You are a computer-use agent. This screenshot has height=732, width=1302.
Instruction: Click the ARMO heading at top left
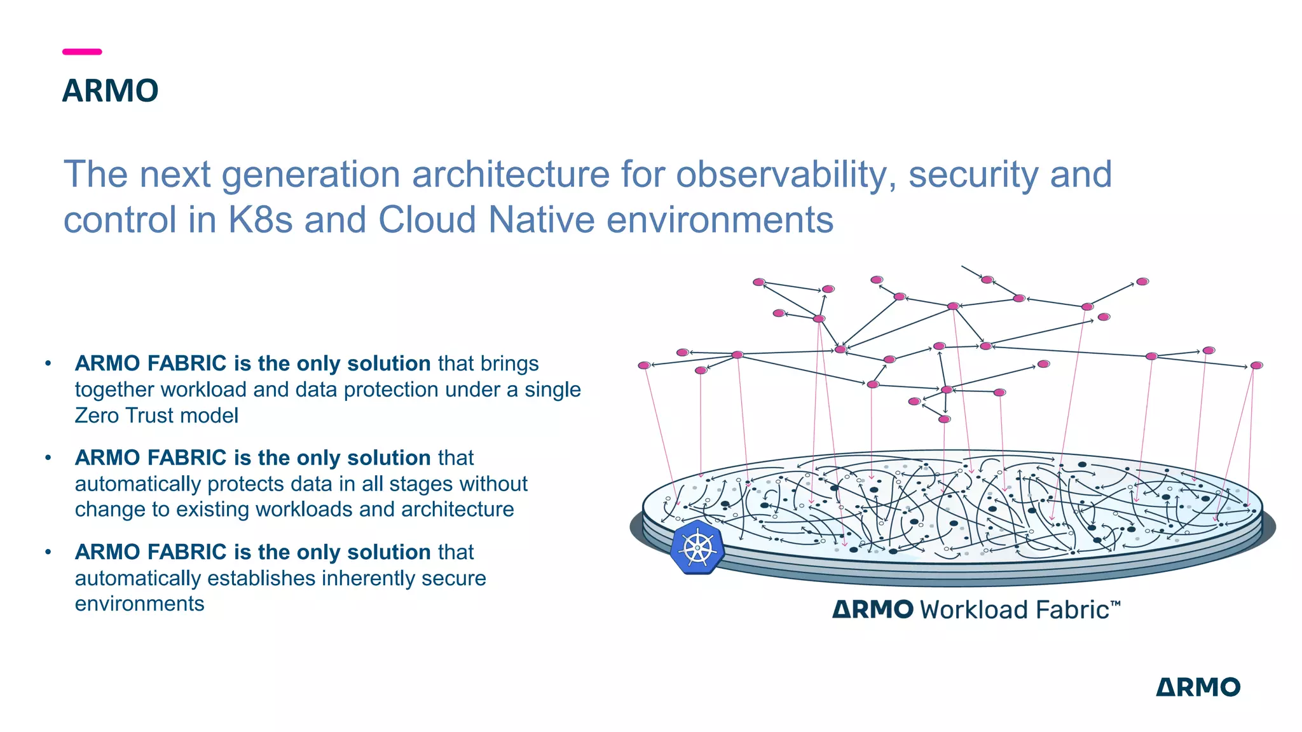(x=110, y=91)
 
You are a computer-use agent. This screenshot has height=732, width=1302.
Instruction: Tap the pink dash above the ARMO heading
(x=82, y=51)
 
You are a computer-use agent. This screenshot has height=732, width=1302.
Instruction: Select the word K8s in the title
(x=260, y=220)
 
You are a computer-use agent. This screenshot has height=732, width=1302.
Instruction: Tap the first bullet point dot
(x=48, y=363)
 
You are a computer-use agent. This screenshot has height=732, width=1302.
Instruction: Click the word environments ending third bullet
(x=139, y=604)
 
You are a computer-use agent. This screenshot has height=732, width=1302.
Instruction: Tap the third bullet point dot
(x=48, y=552)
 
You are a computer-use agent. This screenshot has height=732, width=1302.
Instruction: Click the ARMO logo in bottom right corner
(x=1198, y=687)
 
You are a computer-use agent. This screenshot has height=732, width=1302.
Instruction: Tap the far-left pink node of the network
(x=644, y=365)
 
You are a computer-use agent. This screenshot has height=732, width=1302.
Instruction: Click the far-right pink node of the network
(x=1256, y=365)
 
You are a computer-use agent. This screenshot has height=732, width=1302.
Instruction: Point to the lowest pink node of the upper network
(x=944, y=419)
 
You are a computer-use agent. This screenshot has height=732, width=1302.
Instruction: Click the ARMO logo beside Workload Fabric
(x=873, y=609)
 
